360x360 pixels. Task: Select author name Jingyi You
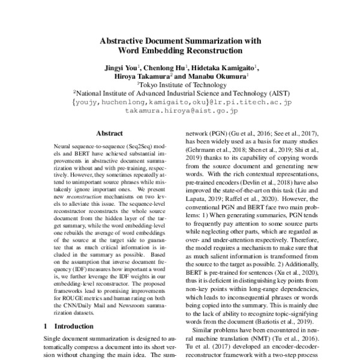coord(119,67)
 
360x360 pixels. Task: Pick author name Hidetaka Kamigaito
coord(224,67)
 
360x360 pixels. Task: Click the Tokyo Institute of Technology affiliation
coord(181,85)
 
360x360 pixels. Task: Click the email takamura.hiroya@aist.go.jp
coord(181,112)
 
